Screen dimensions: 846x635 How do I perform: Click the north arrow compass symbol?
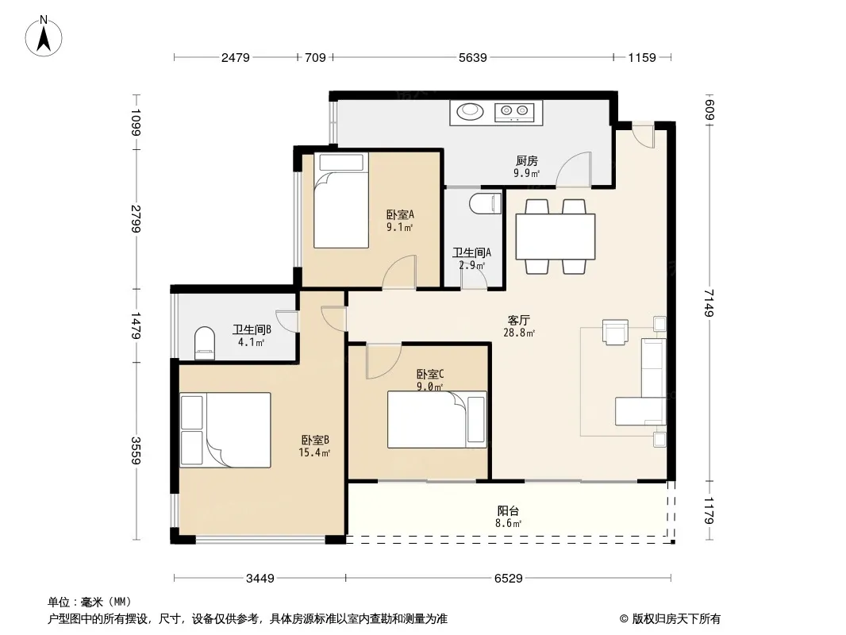click(44, 37)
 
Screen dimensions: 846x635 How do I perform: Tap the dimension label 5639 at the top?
click(473, 57)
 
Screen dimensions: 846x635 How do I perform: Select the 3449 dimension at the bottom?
click(260, 579)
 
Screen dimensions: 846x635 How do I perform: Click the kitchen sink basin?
click(470, 112)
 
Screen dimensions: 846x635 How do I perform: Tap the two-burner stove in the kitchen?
click(514, 112)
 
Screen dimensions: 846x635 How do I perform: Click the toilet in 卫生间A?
click(486, 203)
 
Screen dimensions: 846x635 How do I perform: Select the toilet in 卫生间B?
click(205, 343)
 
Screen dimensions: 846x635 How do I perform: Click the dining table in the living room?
click(556, 237)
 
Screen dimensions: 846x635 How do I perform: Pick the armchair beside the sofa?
click(615, 332)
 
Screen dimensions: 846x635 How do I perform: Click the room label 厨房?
click(527, 161)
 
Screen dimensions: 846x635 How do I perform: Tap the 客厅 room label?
click(518, 320)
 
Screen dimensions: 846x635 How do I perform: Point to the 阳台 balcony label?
click(508, 510)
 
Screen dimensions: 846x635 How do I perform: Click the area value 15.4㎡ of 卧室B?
click(314, 452)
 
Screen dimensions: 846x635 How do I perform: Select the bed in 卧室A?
click(341, 200)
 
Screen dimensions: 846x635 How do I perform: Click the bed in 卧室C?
click(437, 419)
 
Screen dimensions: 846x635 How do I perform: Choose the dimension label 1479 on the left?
click(135, 326)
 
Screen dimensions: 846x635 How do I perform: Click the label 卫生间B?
click(252, 329)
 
